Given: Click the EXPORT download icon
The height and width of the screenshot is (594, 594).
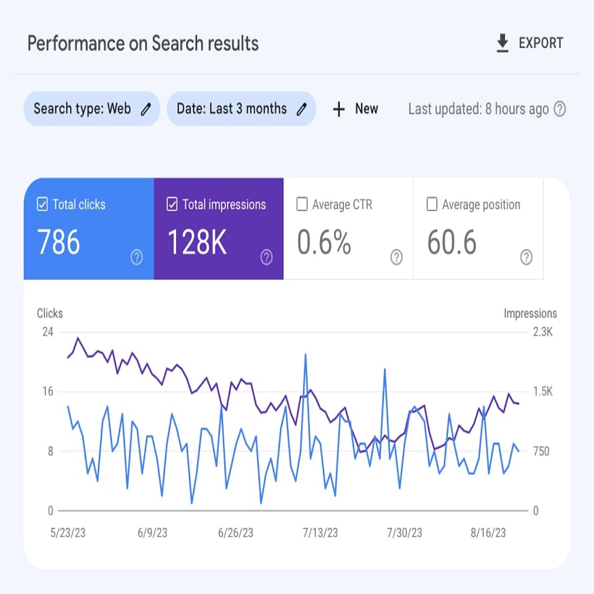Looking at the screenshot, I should pos(502,43).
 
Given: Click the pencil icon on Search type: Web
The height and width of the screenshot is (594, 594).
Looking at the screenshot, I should pos(146,109).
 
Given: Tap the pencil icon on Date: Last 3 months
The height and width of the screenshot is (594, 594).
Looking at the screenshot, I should pos(302,109).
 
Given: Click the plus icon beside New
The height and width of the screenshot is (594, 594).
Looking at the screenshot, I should pos(339,109).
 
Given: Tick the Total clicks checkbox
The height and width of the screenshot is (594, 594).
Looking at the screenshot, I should pos(42,204).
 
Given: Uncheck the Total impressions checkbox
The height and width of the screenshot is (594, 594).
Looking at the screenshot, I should pos(172,204).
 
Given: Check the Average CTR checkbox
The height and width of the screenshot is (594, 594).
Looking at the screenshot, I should pos(302,204).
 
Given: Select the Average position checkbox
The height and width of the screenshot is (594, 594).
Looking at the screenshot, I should pos(432,204).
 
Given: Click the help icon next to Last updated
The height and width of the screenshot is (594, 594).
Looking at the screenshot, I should pos(560,109).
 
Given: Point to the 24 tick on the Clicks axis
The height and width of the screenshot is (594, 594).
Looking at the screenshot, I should pos(48,332).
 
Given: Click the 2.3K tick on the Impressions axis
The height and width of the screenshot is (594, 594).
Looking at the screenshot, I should pos(543,332).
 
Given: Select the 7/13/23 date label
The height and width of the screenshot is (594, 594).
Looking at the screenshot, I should pos(320,533).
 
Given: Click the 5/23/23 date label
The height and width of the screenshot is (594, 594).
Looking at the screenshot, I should pos(68,533).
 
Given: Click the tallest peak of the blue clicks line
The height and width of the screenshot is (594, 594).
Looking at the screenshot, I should pos(306,355).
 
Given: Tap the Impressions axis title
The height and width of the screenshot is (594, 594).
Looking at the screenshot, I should pos(530,313).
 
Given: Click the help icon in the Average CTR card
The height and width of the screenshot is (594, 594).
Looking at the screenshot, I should pos(396,257).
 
